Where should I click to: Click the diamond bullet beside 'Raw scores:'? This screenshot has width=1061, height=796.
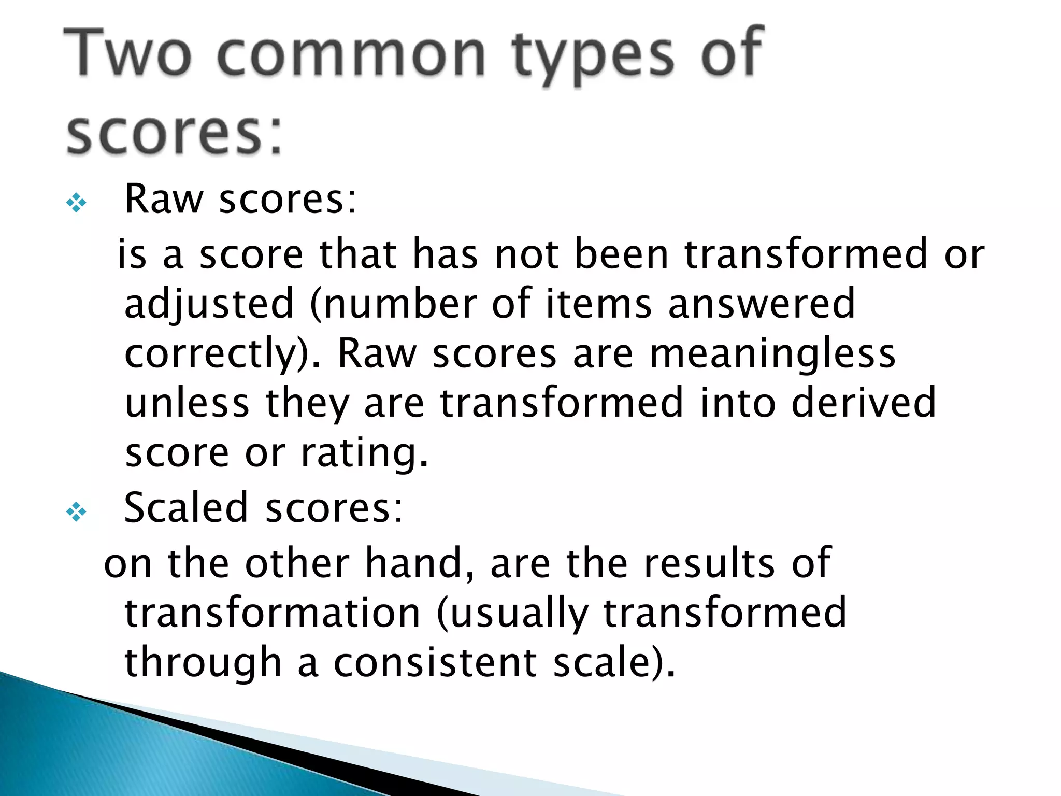[76, 203]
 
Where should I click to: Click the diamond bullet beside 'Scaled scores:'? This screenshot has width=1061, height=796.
[76, 512]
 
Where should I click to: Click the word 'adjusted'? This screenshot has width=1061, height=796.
[209, 305]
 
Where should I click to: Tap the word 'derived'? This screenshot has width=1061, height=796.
[864, 403]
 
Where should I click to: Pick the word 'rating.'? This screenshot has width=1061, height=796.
[365, 453]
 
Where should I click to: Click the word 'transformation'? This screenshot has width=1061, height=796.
[273, 613]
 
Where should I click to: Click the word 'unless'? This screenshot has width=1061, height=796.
[187, 403]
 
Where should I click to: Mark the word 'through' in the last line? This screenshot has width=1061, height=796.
[203, 663]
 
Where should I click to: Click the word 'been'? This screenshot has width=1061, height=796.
[622, 254]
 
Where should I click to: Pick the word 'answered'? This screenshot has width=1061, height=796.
[762, 305]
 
